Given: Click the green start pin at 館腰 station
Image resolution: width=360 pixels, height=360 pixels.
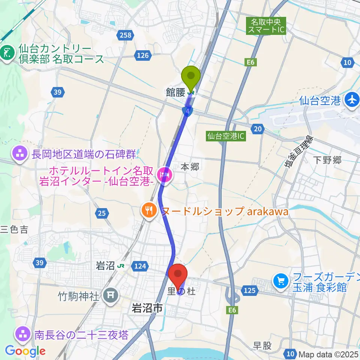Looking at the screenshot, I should point(191,77).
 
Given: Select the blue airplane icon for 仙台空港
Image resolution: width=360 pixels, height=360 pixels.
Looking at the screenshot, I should point(352,100).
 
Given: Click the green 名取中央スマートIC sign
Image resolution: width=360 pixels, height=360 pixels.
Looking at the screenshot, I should point(266,26).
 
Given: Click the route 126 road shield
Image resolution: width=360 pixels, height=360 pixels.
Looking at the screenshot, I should point(143,55).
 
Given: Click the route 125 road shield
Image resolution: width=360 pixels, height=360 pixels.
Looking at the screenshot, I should point(250,290).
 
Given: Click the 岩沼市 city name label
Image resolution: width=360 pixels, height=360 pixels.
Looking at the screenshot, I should point(147,309).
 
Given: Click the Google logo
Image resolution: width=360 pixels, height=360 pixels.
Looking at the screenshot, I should point(25,351).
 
